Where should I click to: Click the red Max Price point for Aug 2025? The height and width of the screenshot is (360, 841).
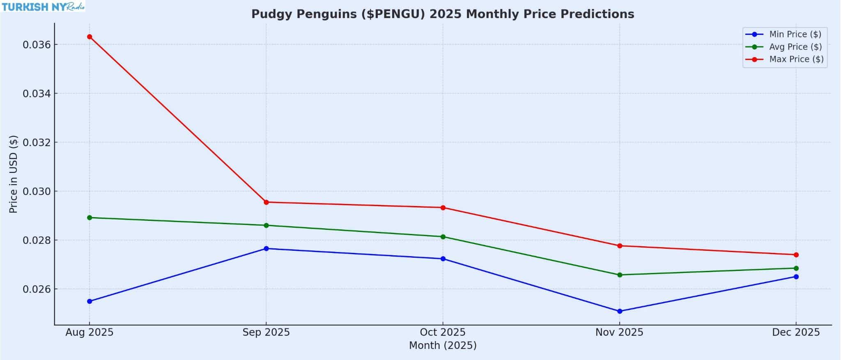tap(90, 37)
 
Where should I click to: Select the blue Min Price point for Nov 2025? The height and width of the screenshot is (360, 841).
tap(620, 312)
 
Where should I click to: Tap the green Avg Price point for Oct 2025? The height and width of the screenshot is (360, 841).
tap(443, 237)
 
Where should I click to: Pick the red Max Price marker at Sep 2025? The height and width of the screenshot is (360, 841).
tap(266, 202)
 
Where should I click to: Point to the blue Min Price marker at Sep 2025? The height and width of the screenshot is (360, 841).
tap(266, 249)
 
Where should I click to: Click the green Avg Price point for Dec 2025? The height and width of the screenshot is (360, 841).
tap(796, 268)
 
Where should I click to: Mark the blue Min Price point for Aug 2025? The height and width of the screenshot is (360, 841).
tap(90, 302)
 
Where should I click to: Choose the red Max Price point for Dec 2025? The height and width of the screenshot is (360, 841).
tap(796, 255)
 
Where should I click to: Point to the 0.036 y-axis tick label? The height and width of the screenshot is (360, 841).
tap(37, 45)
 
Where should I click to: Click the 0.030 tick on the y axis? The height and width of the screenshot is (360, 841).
tap(37, 192)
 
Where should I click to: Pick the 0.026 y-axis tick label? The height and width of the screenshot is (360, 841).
tap(37, 289)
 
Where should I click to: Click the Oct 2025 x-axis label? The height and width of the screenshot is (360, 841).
tap(443, 332)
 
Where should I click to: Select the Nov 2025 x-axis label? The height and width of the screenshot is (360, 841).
tap(619, 332)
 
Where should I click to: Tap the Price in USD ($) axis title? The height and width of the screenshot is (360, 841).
tap(13, 174)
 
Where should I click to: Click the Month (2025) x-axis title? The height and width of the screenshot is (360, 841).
tap(443, 346)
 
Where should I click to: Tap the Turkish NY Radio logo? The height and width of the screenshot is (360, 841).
tap(43, 7)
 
